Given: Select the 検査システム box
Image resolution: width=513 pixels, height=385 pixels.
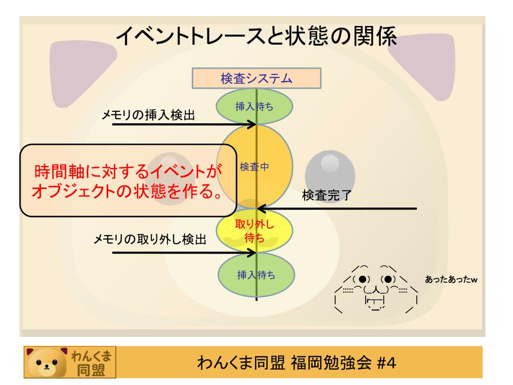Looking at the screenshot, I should click(x=256, y=79).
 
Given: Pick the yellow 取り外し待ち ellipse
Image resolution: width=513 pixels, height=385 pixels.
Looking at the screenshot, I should click(x=256, y=231).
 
